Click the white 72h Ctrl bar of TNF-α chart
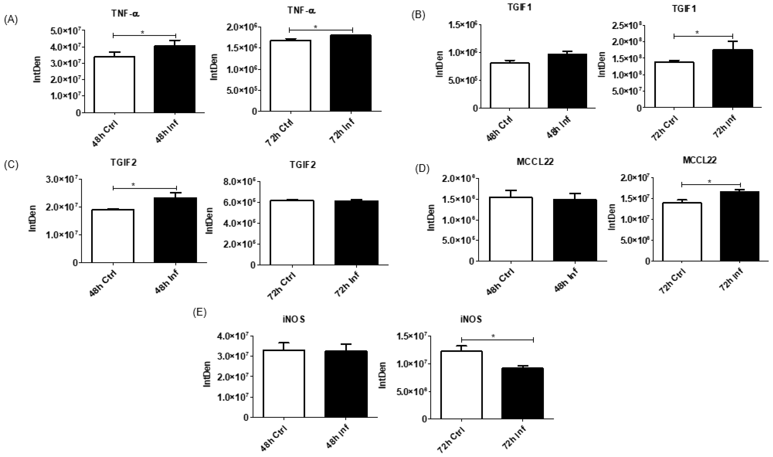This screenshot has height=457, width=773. tap(290, 75)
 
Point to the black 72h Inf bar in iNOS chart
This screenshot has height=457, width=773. tap(522, 393)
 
